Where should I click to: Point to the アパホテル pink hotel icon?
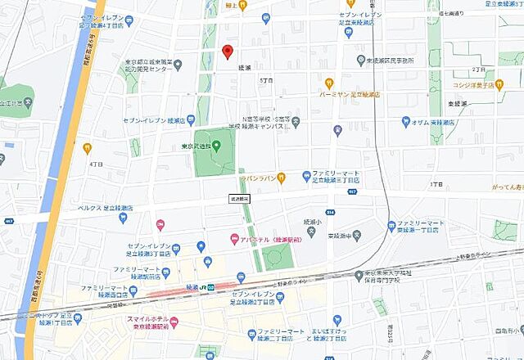tap(235, 239)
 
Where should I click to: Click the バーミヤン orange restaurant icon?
tap(329, 83)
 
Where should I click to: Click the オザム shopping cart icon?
tap(404, 121)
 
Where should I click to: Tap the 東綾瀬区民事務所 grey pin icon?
tap(359, 61)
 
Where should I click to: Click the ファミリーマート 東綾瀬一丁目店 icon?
tap(392, 225)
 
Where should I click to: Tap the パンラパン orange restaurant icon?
tap(281, 176)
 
